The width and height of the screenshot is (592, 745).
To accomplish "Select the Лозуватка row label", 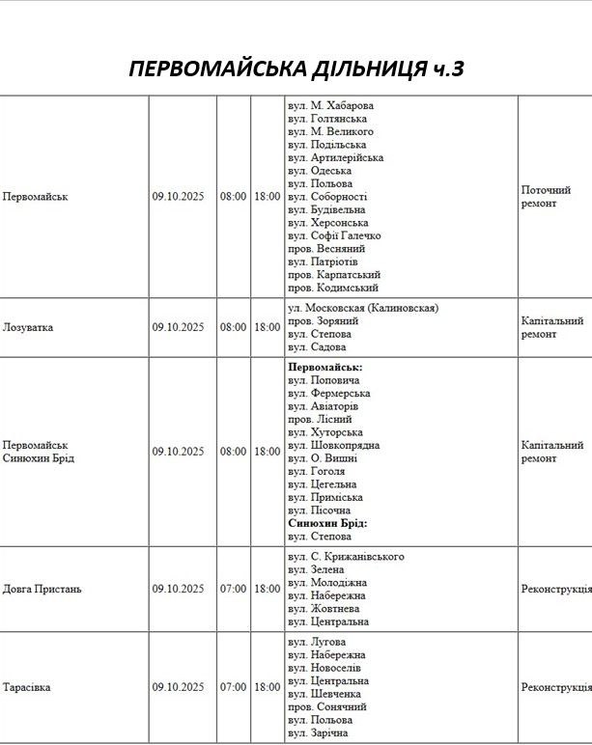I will [29, 327].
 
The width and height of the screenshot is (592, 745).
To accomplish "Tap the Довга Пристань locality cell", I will [42, 589].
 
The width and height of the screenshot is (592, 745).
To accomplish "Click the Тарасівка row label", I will [28, 687].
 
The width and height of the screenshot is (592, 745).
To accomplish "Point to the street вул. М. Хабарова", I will [330, 105].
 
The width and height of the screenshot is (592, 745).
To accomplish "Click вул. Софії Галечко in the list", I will [334, 235].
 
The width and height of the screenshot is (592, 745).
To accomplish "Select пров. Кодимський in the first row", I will [333, 288].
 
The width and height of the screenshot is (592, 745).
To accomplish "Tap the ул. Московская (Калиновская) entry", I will [363, 308].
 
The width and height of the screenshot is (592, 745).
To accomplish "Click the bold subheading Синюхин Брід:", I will [327, 523].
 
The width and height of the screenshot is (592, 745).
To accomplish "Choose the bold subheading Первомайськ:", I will [325, 368].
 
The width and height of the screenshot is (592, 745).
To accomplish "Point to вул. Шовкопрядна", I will [333, 446].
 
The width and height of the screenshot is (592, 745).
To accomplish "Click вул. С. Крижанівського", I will [346, 557].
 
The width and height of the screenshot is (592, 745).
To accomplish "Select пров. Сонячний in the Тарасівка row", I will [330, 706].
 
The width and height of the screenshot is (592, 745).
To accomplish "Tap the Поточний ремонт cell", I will [546, 197].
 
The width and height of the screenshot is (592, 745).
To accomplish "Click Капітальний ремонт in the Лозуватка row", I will [551, 327].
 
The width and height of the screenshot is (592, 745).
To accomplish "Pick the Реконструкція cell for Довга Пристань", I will [555, 589].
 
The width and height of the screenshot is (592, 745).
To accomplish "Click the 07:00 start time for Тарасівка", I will [233, 687].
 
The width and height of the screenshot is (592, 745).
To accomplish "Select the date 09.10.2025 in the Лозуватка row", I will [178, 327].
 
